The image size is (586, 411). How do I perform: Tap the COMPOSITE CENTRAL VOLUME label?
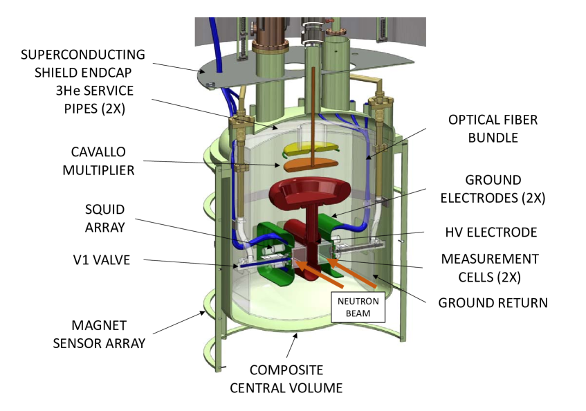click(286, 378)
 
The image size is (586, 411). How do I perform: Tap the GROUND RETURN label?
click(493, 302)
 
